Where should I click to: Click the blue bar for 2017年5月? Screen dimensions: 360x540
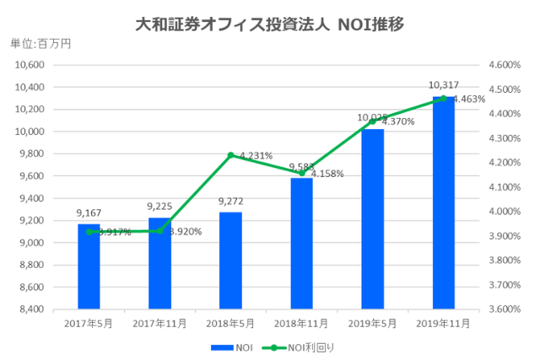89,266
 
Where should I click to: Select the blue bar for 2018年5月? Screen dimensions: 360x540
230,261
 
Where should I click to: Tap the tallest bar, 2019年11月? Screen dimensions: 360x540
443,203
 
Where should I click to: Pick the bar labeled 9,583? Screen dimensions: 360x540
301,244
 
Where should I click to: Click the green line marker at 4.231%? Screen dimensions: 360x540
230,155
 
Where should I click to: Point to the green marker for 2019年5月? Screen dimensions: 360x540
372,121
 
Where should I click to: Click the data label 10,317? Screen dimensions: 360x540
444,85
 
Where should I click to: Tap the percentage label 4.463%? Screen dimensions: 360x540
469,99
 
